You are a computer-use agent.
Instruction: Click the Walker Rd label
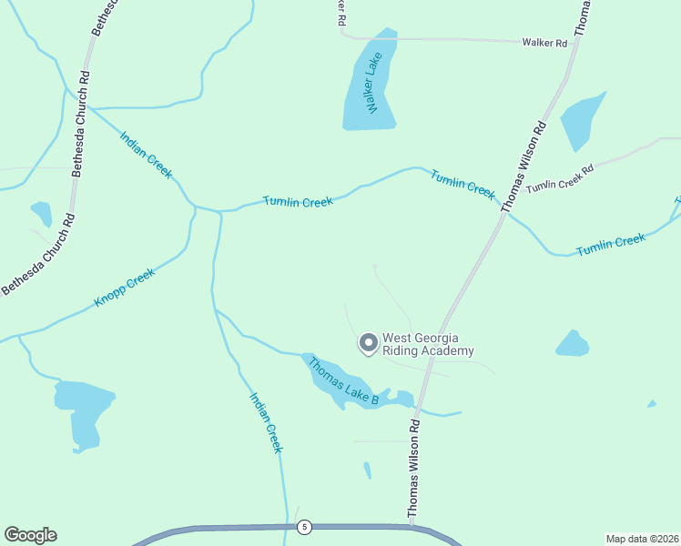point(544,43)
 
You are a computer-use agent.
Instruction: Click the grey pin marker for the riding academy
point(368,343)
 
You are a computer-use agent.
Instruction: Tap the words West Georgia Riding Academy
point(428,344)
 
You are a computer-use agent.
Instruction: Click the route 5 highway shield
point(304,527)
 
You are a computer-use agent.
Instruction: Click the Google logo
point(30,535)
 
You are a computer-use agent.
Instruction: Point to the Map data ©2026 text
point(641,538)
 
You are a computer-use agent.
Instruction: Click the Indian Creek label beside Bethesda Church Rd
point(146,154)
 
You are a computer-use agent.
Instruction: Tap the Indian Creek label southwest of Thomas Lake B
point(267,422)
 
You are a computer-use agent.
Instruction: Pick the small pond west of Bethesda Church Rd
point(41,214)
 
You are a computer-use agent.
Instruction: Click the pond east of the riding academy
point(573,344)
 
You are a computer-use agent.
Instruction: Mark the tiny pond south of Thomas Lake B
point(367,470)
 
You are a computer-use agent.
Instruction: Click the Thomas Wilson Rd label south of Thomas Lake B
point(413,469)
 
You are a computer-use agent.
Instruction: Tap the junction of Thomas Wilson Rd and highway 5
point(412,526)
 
